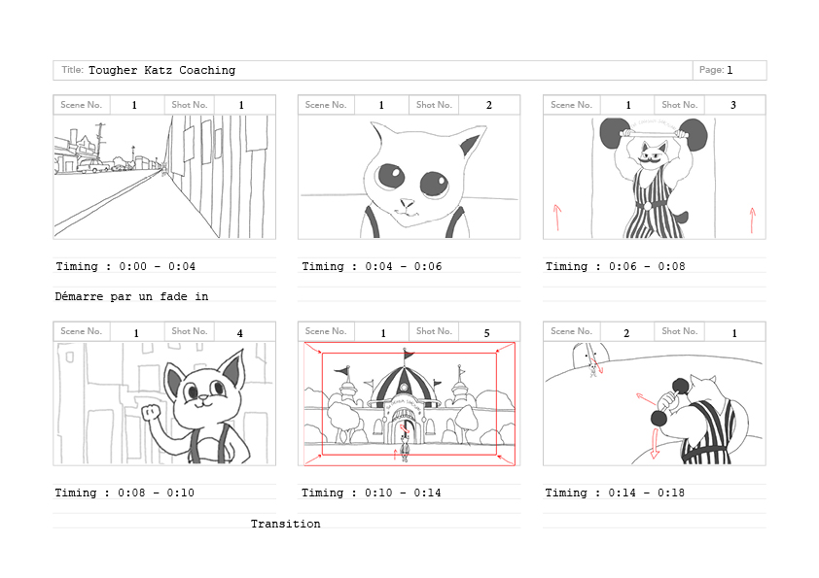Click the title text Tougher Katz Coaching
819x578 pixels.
coord(161,70)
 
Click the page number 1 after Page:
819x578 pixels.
coord(730,70)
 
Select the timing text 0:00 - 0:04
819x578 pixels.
coord(158,266)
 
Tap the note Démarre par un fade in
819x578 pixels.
coord(131,296)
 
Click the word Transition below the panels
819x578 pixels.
coord(285,524)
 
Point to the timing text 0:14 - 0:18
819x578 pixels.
coord(646,493)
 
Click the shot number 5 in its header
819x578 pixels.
coord(486,333)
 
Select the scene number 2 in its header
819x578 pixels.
coord(626,333)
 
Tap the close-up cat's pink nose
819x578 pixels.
coord(406,202)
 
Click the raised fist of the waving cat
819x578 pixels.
coord(152,412)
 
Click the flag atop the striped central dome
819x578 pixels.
coord(408,356)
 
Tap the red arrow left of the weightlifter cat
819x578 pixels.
coord(557,218)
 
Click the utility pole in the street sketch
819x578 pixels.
coord(100,141)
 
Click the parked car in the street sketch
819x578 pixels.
coord(94,166)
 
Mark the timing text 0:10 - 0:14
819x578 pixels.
coord(402,493)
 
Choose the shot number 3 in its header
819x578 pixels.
coord(733,105)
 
